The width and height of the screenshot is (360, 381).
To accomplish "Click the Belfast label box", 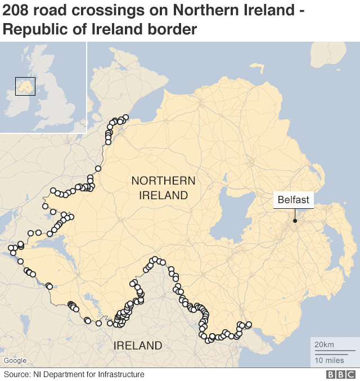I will pyautogui.click(x=293, y=200).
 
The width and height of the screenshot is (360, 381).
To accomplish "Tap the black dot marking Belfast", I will pyautogui.click(x=294, y=221).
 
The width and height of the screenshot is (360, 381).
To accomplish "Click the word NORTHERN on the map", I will pyautogui.click(x=163, y=181).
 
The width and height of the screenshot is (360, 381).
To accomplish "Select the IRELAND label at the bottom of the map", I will pyautogui.click(x=138, y=345).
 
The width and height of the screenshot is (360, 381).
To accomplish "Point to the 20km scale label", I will pyautogui.click(x=324, y=344).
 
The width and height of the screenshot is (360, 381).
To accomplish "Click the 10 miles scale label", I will pyautogui.click(x=329, y=360).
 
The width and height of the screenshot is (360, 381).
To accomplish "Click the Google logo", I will pyautogui.click(x=15, y=361).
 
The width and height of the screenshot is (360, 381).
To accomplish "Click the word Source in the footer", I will pyautogui.click(x=17, y=374).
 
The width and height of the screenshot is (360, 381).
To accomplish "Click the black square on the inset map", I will pyautogui.click(x=25, y=86).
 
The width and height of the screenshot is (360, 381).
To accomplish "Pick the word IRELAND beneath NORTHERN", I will pyautogui.click(x=163, y=195).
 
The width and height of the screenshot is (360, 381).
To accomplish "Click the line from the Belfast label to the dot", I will pyautogui.click(x=294, y=214).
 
